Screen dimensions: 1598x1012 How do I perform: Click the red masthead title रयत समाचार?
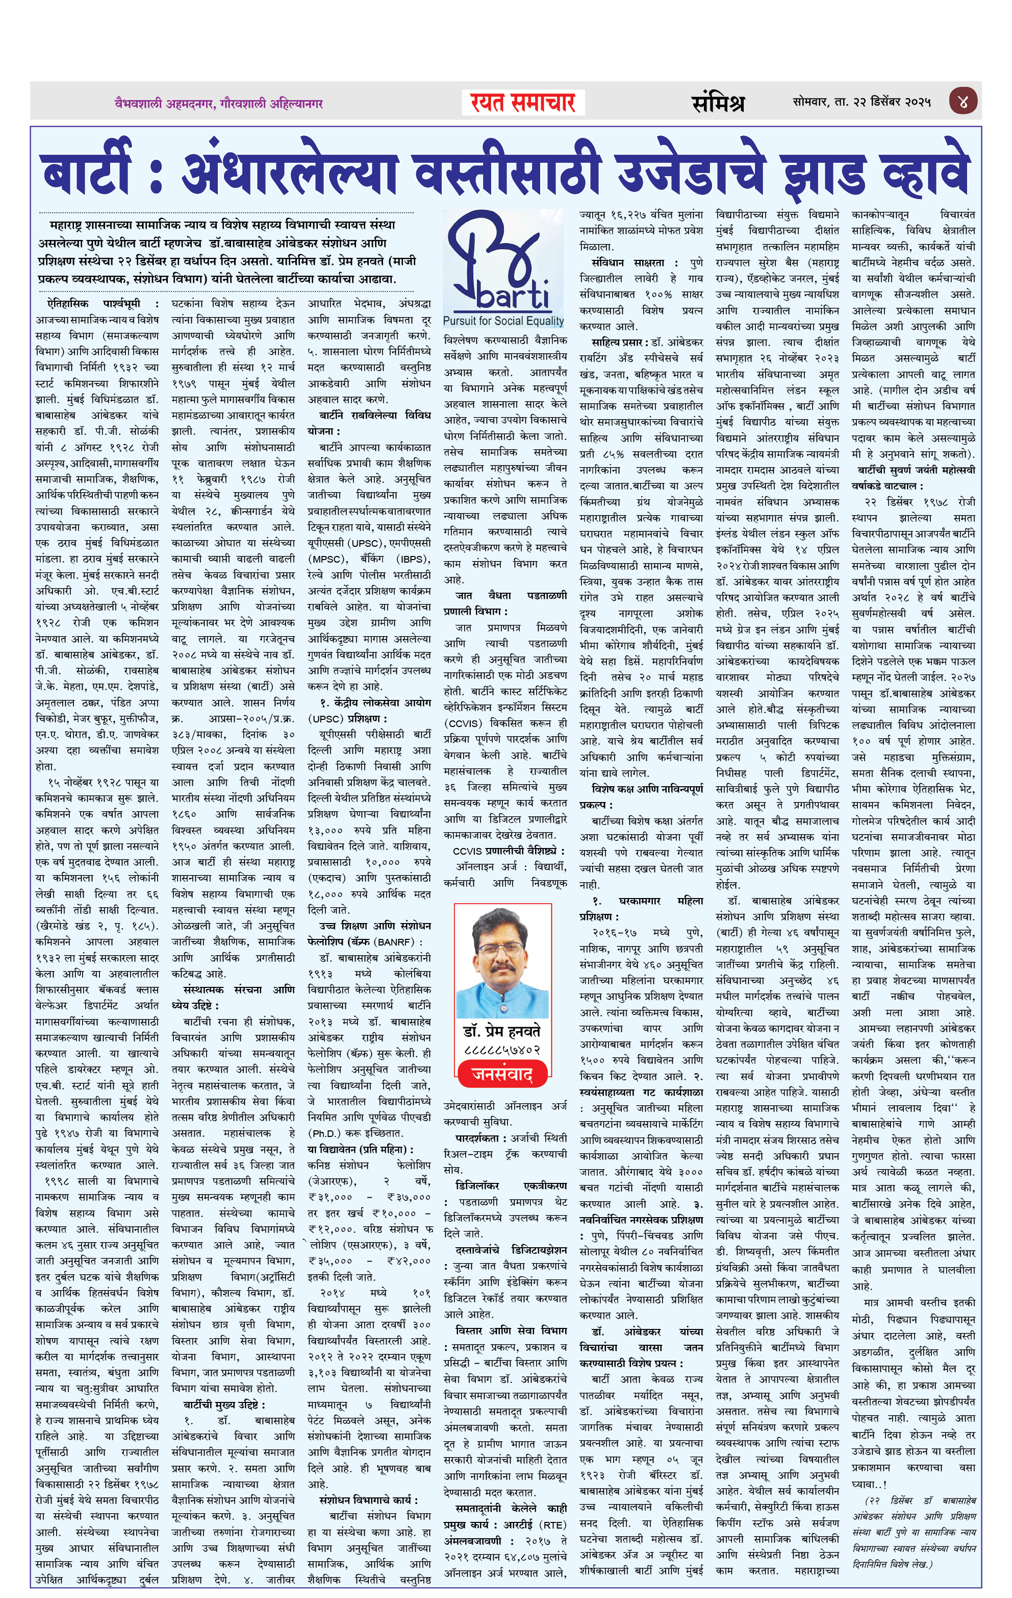(x=523, y=103)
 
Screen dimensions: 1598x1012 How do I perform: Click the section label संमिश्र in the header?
(x=718, y=103)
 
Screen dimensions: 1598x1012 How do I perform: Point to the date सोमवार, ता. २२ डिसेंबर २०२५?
(x=862, y=102)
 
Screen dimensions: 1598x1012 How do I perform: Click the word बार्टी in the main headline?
(x=86, y=173)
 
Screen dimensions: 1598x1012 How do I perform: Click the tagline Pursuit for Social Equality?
(x=503, y=321)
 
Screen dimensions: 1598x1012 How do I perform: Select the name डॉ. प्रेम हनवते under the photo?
(x=501, y=1031)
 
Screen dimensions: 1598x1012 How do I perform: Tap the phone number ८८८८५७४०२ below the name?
(x=502, y=1050)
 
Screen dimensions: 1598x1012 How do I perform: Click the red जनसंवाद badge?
(x=501, y=1074)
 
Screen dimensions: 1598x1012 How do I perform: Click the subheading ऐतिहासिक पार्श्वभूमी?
(x=93, y=303)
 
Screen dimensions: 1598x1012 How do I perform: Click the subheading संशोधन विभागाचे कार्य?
(x=368, y=1500)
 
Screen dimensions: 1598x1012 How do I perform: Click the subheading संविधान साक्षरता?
(x=627, y=263)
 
